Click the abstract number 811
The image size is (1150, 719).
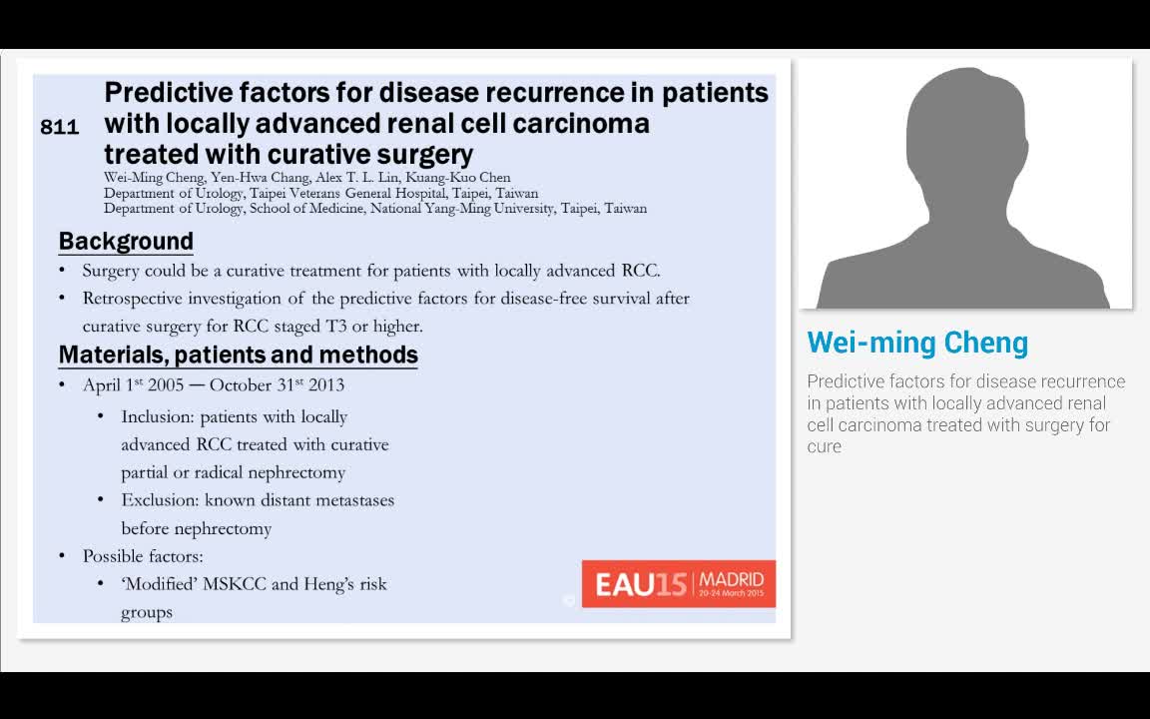59,127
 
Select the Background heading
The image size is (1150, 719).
126,241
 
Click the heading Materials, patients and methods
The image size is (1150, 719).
238,355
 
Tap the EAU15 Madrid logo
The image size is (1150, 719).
678,583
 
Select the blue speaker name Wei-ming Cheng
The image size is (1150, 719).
916,343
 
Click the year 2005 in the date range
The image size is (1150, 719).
166,385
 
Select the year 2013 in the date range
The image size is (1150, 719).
326,385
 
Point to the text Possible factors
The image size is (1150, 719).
143,556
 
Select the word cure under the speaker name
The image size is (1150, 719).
825,446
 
